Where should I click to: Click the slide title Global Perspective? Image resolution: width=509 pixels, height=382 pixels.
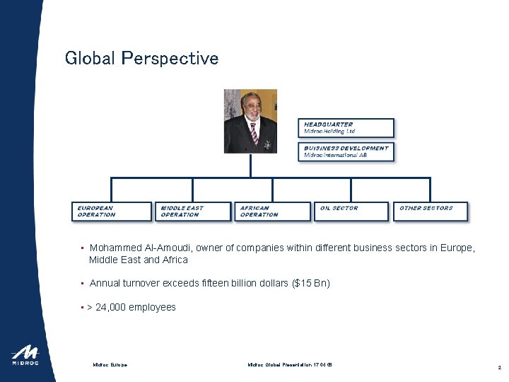(141, 58)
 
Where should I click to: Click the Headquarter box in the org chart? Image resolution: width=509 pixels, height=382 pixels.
(346, 128)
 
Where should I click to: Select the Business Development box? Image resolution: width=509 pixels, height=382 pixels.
(346, 151)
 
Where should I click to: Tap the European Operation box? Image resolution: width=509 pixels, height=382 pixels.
(112, 212)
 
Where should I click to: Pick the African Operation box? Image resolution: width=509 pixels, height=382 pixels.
(273, 212)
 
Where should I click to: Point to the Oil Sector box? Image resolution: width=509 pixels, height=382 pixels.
(352, 212)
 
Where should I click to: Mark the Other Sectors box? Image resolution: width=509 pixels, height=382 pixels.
(430, 212)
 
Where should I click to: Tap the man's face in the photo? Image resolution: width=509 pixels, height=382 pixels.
(252, 107)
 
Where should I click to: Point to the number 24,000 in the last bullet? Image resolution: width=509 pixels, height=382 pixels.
(109, 307)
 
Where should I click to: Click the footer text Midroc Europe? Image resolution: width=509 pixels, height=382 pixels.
(110, 365)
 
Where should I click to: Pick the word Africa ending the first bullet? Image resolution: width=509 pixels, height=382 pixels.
(175, 260)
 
